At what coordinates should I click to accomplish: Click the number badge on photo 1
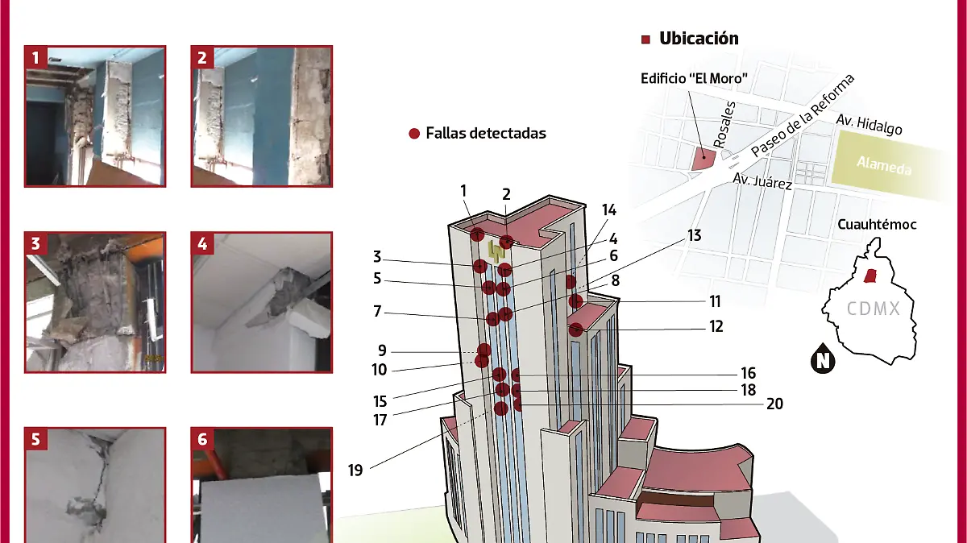tap(35, 57)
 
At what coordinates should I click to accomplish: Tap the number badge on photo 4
tap(202, 244)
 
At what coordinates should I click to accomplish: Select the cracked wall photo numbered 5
tap(95, 486)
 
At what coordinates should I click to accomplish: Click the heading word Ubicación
tap(698, 39)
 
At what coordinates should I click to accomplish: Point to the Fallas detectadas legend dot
tap(414, 134)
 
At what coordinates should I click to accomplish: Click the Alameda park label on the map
tap(883, 166)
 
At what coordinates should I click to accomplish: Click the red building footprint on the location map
tap(702, 159)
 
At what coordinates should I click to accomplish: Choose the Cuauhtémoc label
tap(877, 225)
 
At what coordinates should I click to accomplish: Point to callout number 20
tap(774, 404)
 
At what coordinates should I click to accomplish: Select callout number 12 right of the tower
tap(716, 327)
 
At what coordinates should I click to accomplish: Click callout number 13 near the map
tap(695, 236)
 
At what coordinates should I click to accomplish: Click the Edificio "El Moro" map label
tap(695, 79)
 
